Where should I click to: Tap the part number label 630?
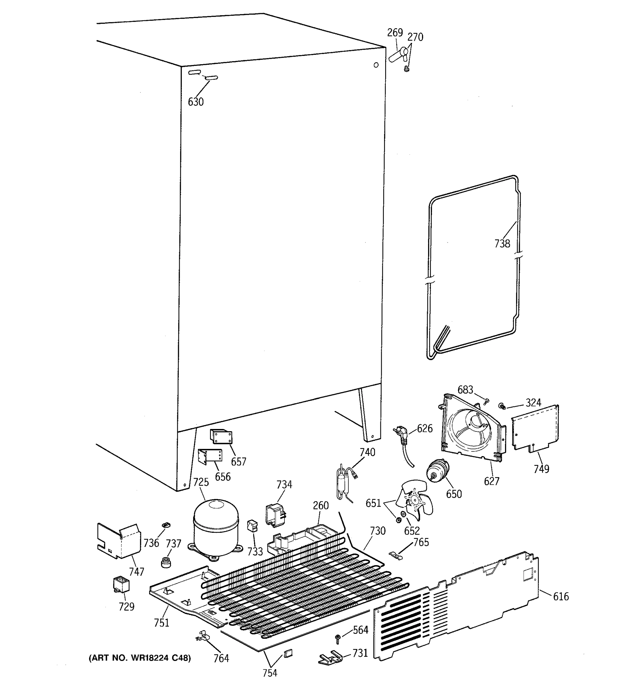[x=196, y=102]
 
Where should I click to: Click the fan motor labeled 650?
[x=438, y=471]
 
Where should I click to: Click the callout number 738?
[x=502, y=244]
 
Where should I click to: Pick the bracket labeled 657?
[x=221, y=437]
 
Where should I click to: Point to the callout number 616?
[x=561, y=596]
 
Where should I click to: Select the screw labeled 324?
[x=502, y=406]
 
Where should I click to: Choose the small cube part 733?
[x=253, y=526]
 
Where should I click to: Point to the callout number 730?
[x=377, y=531]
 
